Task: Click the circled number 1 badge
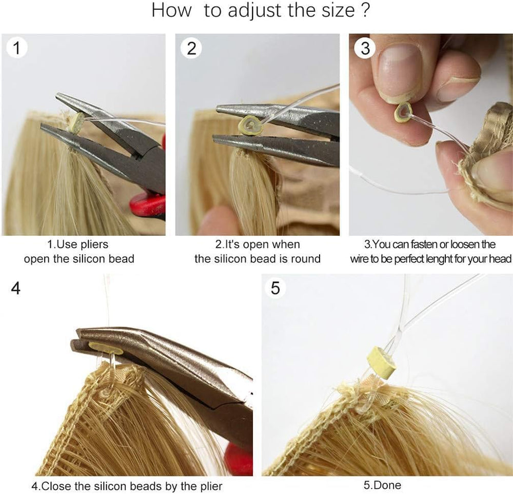click(17, 48)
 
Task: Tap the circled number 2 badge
click(191, 48)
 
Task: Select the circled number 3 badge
click(365, 48)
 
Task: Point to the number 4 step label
click(16, 288)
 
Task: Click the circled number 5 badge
click(275, 288)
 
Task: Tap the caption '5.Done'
click(382, 485)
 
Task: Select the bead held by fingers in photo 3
click(403, 112)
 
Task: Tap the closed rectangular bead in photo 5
click(382, 363)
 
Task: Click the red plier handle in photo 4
click(239, 459)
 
